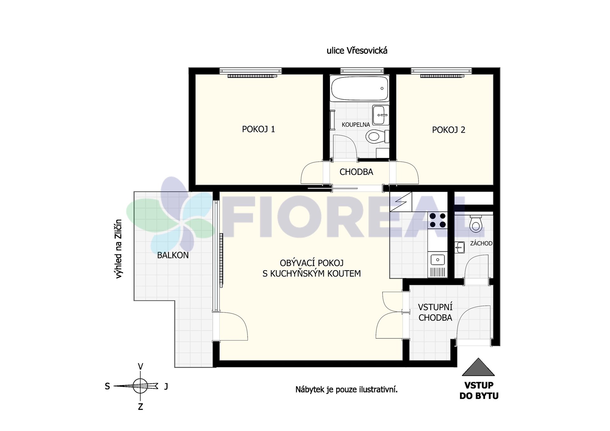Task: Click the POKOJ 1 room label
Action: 258,129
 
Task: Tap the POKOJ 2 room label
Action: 448,130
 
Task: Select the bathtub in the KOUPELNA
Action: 360,88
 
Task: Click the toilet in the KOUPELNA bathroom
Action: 377,136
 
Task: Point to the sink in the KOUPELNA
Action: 381,115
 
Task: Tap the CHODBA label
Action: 356,172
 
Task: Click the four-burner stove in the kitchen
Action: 437,220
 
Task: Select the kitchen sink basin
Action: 437,260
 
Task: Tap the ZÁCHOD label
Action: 481,243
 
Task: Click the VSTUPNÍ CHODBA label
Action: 435,312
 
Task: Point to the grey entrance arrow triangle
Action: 478,367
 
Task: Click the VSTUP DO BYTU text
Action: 479,391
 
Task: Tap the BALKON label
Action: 173,255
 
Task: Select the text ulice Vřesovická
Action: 357,51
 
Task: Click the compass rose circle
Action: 140,386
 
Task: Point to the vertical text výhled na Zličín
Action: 119,249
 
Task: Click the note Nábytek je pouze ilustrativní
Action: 346,389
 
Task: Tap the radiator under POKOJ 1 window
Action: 252,76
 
